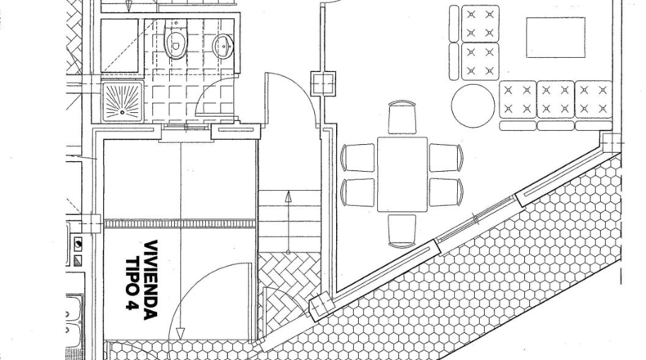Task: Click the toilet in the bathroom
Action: tap(176, 40)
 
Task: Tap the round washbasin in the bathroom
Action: tap(223, 46)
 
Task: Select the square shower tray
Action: tap(123, 101)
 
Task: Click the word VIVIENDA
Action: tap(150, 280)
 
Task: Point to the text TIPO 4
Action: tap(132, 284)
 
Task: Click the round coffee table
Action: tap(473, 106)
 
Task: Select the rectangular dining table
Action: tap(402, 174)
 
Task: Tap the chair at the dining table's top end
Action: tap(402, 117)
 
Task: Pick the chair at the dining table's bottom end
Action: tap(402, 232)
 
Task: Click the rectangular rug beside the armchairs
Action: tap(556, 38)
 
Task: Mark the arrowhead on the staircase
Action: tap(289, 196)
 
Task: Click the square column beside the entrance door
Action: tap(322, 83)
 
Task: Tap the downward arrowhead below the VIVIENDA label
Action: tap(180, 333)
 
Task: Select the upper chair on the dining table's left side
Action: tap(357, 158)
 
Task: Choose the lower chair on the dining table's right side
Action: tap(446, 192)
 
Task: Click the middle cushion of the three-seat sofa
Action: tap(555, 99)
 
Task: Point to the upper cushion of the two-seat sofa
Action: tap(480, 23)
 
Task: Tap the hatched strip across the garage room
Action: tap(180, 223)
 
